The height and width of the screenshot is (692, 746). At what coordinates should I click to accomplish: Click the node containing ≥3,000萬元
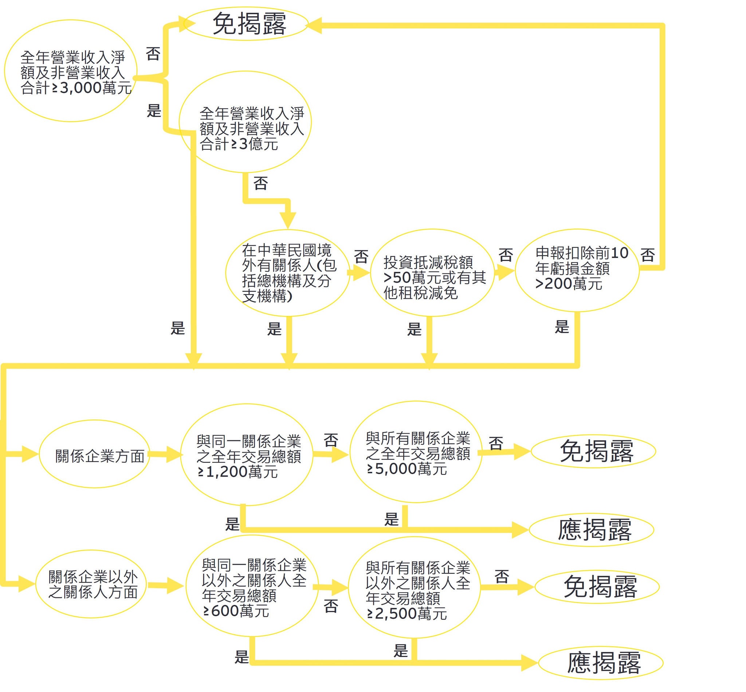coord(71,71)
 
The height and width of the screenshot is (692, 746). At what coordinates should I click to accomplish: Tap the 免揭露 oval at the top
coord(246,24)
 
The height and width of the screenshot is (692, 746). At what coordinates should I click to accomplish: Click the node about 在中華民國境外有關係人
coord(287,273)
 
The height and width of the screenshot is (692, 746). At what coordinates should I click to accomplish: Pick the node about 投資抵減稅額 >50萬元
coord(432,273)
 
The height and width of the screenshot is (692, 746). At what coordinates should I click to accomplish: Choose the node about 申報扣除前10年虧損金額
coord(577,270)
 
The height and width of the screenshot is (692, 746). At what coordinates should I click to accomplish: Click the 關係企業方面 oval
coord(94,454)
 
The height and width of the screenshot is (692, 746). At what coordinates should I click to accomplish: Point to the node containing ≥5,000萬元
coord(416,452)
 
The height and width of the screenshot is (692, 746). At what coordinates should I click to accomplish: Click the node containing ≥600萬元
coord(252,586)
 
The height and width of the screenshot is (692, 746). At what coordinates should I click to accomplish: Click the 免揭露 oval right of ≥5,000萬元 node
coord(593,451)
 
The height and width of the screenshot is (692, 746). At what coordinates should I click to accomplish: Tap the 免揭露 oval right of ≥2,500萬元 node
coord(597,586)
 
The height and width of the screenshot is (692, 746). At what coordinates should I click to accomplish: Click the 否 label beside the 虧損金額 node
coord(648,255)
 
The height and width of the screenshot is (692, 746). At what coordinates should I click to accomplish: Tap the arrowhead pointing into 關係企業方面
coord(30,454)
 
